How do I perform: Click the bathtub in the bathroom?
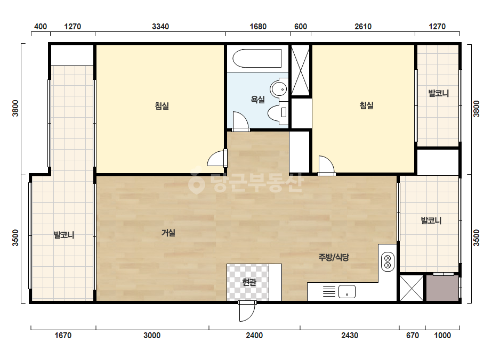click(x=257, y=59)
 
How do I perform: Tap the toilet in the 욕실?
click(x=278, y=112)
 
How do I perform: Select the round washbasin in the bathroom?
click(x=279, y=89)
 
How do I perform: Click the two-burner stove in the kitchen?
click(x=388, y=262)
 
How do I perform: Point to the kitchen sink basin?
click(x=346, y=292)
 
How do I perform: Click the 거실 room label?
click(x=168, y=233)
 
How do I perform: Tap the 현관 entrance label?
click(x=249, y=282)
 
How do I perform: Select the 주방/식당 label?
click(x=334, y=257)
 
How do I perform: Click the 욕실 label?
click(x=257, y=100)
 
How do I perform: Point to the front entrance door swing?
click(x=247, y=312)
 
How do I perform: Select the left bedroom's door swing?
click(x=217, y=158)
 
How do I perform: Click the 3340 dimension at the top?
click(x=160, y=27)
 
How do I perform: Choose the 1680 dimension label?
click(x=258, y=27)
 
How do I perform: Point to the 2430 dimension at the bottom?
click(x=350, y=336)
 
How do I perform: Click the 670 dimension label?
click(x=412, y=336)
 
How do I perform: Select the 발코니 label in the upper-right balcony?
click(x=438, y=93)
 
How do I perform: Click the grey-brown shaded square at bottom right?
click(x=442, y=288)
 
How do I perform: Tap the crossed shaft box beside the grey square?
click(x=412, y=288)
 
